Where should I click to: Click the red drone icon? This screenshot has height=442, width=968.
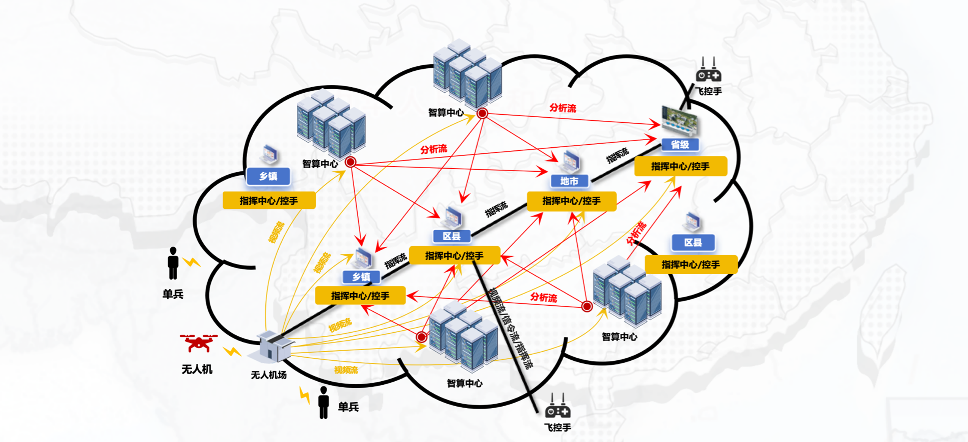(199, 343)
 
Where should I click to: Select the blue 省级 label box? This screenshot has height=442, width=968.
(680, 145)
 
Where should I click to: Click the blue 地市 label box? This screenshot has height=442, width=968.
(569, 181)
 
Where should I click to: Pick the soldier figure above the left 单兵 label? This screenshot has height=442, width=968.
(173, 263)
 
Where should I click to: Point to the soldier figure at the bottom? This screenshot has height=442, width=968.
(323, 403)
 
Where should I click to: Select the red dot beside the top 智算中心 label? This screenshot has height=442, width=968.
(482, 113)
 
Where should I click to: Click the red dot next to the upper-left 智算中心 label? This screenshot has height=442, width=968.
(350, 162)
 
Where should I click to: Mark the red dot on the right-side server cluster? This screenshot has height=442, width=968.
(587, 306)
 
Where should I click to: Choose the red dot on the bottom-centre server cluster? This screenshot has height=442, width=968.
(421, 336)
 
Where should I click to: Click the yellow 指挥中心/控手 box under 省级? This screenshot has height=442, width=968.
(680, 166)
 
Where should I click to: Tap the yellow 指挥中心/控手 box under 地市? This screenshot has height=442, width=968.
(571, 201)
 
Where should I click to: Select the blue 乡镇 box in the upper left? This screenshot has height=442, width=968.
(268, 176)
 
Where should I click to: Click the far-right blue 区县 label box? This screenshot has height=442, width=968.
(693, 243)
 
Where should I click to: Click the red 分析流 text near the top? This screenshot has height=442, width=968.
(563, 108)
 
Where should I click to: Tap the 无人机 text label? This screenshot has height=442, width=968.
(197, 369)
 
